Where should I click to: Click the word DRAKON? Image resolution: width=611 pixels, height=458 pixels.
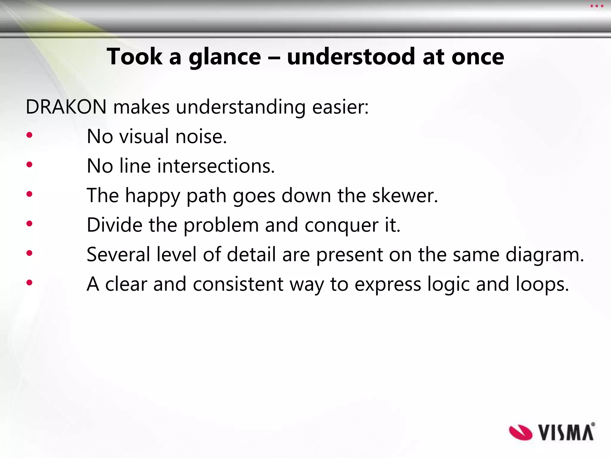66,107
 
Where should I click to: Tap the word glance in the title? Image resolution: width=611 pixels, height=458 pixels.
225,57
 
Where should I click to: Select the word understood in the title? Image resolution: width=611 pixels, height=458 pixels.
351,57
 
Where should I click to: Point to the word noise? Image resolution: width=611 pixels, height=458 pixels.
201,136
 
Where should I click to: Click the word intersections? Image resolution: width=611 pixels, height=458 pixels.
216,166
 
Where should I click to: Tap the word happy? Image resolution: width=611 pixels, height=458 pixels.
152,196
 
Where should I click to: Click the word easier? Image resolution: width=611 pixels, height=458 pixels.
340,107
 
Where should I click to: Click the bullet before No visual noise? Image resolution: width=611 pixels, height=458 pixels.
29,135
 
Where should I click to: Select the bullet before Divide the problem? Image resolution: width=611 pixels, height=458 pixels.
29,224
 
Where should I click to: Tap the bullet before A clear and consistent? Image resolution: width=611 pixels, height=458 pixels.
29,283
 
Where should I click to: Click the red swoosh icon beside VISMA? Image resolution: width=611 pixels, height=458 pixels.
520,432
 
